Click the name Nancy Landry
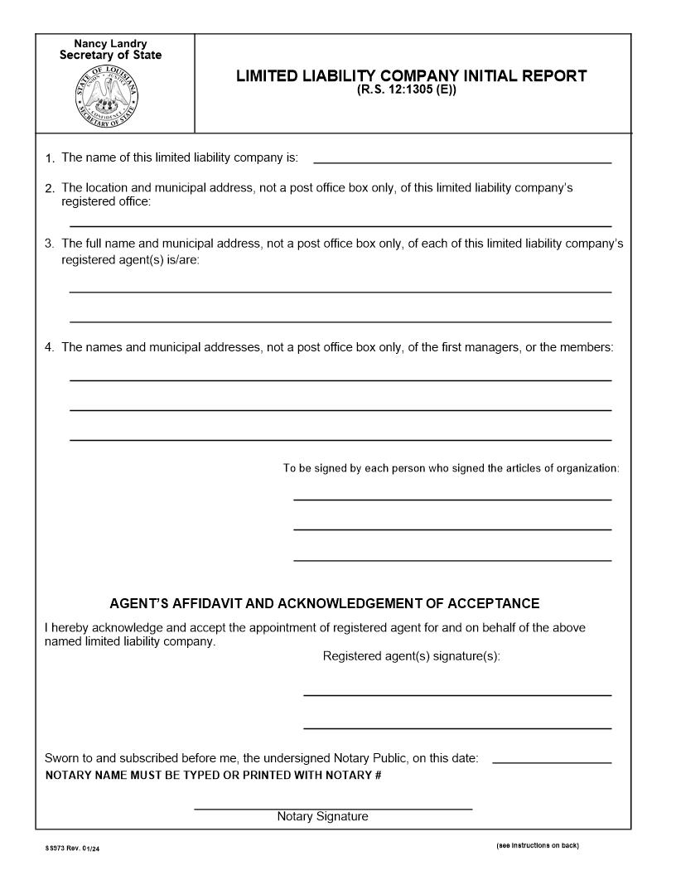(110, 43)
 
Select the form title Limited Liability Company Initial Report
(411, 76)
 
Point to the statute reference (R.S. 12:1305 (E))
(407, 90)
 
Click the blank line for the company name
(462, 161)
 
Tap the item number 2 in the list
(50, 189)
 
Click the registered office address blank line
(340, 225)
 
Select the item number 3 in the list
(50, 244)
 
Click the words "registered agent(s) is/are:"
(130, 260)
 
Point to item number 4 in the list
(50, 348)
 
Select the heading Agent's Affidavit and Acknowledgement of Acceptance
(324, 603)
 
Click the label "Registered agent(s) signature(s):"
(411, 656)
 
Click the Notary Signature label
(322, 817)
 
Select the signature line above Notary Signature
(332, 808)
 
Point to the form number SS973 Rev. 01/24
(73, 848)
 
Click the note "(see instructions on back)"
(537, 845)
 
